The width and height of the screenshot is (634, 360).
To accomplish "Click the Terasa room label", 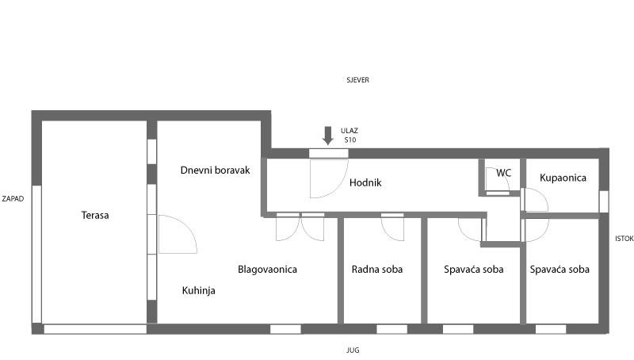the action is point(94,215).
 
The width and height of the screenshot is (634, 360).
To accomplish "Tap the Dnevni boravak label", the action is point(215,170).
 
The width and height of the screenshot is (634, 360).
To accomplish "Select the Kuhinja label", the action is point(198,290).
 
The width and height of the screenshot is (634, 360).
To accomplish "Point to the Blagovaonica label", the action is point(267,269).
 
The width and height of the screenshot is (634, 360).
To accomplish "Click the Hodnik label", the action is point(365,182).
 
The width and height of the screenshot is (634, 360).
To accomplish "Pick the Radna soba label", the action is point(376,269).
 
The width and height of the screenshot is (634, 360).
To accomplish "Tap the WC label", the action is point(504,172).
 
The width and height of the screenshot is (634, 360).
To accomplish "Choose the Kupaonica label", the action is point(563,178).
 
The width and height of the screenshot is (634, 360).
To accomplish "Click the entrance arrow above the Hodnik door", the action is point(328,135).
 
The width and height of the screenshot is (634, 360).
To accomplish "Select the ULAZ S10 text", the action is point(349,135).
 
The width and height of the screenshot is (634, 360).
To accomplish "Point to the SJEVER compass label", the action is point(357,80).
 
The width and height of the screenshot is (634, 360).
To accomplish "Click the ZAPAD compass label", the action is point(12,198).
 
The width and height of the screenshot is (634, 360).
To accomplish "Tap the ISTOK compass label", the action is point(624,238).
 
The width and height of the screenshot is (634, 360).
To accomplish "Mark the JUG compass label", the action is point(353,349).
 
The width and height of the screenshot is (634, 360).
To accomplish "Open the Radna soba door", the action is point(392,227).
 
